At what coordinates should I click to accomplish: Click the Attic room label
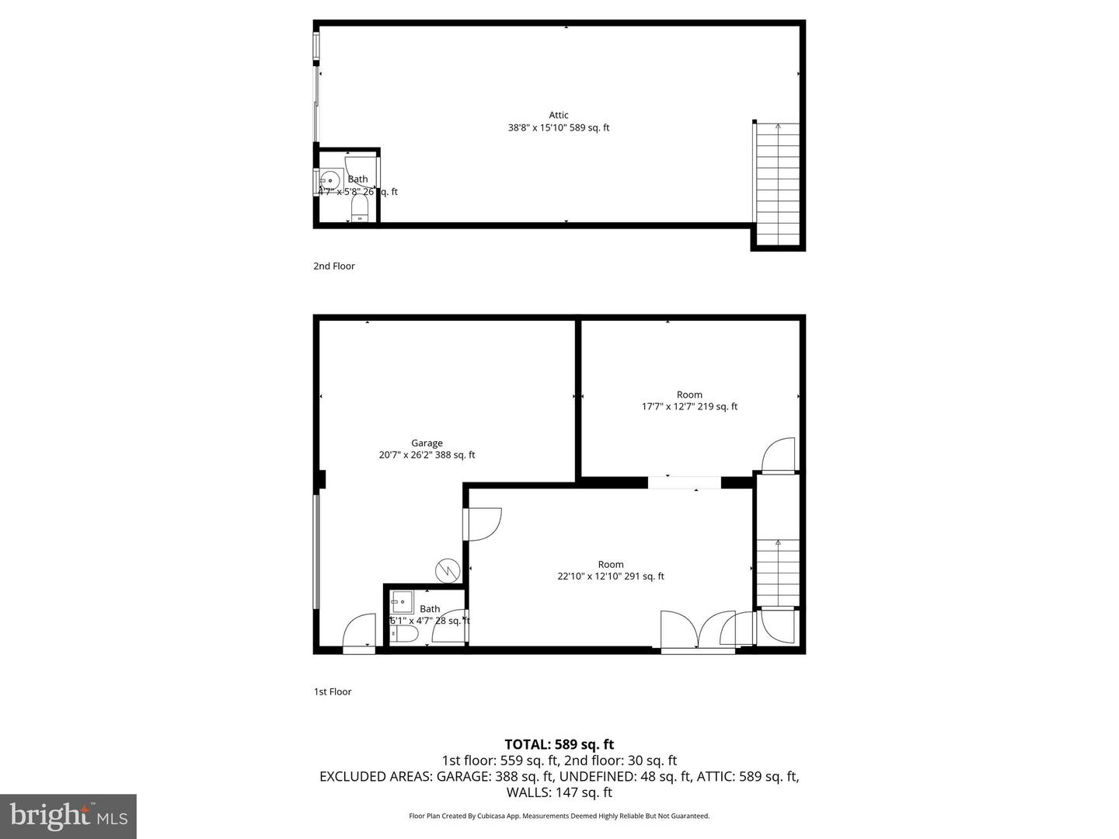pos(558,115)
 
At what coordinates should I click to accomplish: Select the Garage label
pos(427,443)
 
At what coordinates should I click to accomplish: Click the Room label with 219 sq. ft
pos(688,395)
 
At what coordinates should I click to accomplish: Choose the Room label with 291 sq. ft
pos(611,564)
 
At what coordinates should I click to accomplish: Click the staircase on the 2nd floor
pos(778,183)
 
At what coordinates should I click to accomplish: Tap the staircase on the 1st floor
pos(778,573)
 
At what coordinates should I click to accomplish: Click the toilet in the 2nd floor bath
pos(359,208)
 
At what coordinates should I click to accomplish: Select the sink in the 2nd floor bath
pos(330,180)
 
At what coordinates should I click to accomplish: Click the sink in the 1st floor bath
pos(402,601)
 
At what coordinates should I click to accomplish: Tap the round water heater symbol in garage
pos(447,569)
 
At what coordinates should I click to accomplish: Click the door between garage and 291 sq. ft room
pos(481,524)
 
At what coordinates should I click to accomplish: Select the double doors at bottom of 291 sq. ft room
pos(698,631)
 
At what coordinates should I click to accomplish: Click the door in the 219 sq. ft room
pos(779,456)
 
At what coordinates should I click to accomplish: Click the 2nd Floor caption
pos(334,266)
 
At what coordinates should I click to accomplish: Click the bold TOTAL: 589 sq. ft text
pos(559,744)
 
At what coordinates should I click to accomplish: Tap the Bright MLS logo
pos(68,816)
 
